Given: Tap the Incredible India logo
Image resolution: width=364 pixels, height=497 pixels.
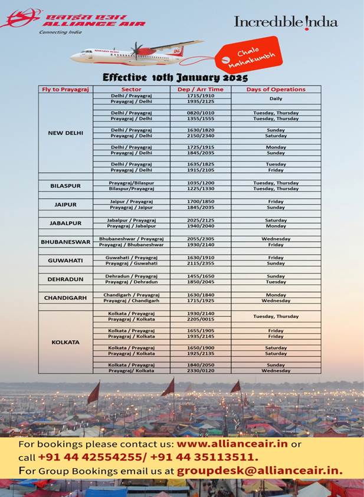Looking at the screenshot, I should (x=286, y=22).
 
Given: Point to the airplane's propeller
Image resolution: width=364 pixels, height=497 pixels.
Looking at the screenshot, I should (x=136, y=51).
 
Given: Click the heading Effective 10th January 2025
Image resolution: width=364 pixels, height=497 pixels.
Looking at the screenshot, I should (x=175, y=77).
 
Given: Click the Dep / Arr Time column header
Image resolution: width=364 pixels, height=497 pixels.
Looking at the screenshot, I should (x=200, y=90).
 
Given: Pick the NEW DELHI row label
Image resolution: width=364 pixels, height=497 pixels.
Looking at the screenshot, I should (x=65, y=133).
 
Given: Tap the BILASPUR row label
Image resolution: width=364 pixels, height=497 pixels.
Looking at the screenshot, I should (x=65, y=186).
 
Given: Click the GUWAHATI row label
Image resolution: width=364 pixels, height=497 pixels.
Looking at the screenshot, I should (x=65, y=260).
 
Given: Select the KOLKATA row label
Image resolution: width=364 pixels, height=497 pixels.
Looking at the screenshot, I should (x=65, y=342).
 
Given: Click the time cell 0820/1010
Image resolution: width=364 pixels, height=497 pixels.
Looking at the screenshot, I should (x=200, y=113).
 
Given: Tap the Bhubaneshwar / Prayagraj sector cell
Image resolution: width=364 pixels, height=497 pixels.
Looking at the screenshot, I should (x=131, y=239).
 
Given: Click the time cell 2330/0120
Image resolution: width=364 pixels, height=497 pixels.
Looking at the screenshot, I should (x=200, y=371).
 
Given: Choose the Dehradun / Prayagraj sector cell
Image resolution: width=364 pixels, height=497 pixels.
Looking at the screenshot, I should (x=131, y=276).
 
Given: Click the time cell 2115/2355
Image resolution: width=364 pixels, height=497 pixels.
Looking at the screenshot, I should (x=200, y=263).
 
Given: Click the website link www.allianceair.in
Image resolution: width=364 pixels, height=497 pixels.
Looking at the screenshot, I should (x=232, y=444).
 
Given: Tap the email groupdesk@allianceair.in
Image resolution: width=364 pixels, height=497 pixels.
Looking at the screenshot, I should (x=260, y=471).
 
